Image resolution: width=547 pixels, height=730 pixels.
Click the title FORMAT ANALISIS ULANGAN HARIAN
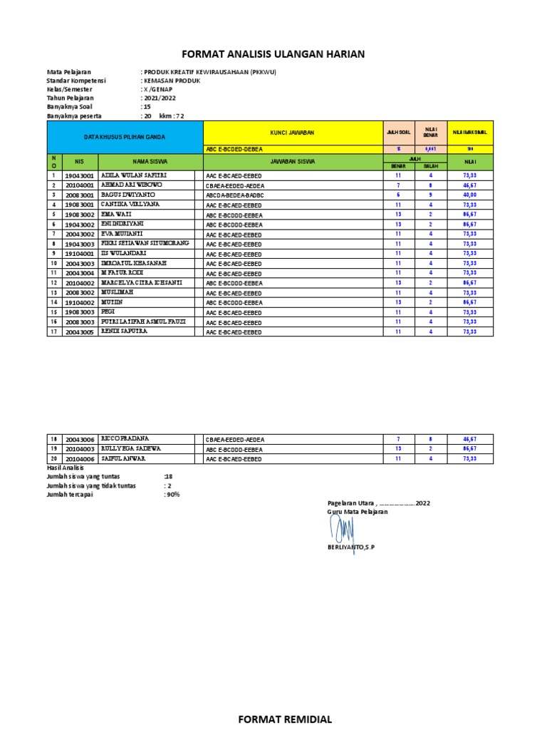(x=274, y=54)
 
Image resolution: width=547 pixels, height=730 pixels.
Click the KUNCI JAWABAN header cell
(x=291, y=133)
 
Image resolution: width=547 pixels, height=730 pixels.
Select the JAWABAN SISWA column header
(x=291, y=161)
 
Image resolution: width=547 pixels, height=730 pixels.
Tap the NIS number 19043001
(x=78, y=175)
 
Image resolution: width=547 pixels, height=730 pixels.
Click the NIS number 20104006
(x=78, y=458)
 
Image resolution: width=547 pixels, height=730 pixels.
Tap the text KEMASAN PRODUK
(x=172, y=81)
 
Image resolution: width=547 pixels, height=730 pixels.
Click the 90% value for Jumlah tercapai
(x=172, y=494)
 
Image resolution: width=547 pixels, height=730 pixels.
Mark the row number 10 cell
(x=53, y=263)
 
